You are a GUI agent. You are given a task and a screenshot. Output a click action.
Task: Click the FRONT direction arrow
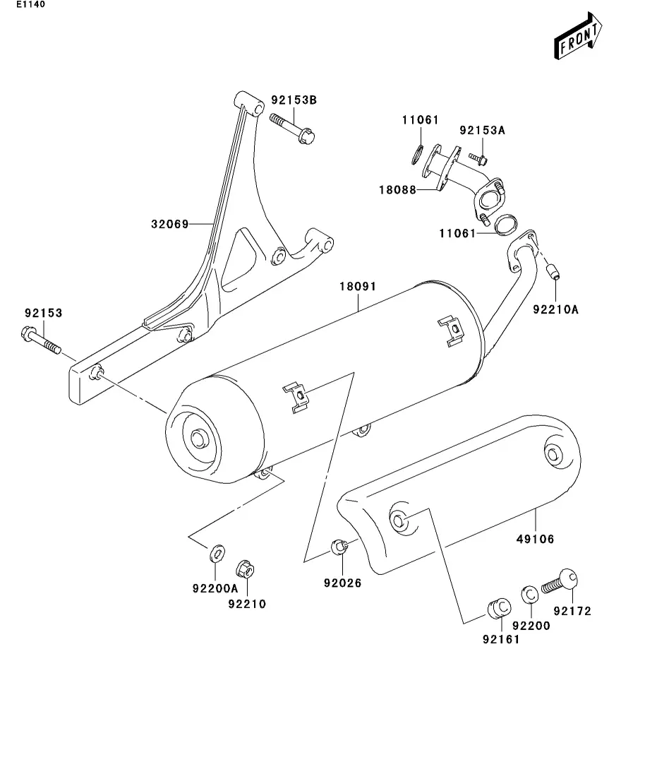578,36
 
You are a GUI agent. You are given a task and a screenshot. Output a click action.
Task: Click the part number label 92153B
294,100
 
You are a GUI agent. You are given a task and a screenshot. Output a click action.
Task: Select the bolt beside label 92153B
292,128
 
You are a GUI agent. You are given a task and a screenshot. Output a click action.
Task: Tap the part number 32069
170,224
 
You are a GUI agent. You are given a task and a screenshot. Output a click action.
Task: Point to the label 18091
358,286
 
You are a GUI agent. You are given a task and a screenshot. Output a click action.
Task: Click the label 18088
397,190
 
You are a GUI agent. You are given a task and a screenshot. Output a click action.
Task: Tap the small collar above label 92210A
552,272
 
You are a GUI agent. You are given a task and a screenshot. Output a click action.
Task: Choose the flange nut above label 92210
246,569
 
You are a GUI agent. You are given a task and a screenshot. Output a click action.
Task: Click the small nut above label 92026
339,547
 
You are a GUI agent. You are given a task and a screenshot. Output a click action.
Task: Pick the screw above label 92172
560,581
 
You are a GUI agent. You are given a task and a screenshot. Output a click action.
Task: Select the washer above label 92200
530,594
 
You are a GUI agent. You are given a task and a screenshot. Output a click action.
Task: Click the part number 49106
536,539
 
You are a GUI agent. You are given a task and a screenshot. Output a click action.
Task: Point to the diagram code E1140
31,4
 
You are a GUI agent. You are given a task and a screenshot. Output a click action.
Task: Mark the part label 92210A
555,309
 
